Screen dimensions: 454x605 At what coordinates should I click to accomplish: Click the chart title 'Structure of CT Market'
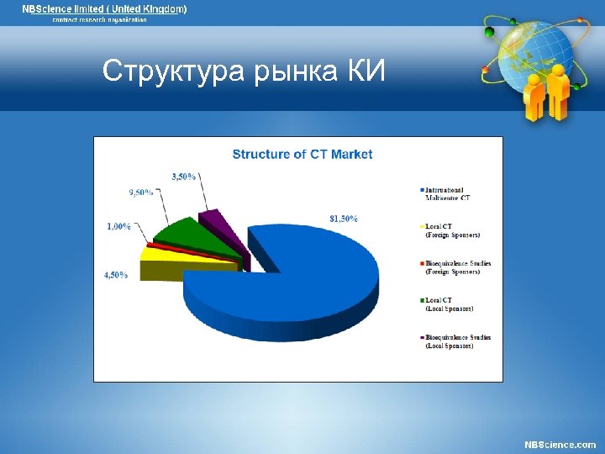302,154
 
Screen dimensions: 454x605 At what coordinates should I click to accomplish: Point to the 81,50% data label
343,219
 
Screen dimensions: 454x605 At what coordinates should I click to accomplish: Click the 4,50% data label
116,275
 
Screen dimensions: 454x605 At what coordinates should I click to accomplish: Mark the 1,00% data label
118,226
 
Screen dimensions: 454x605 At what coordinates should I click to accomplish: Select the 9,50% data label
140,193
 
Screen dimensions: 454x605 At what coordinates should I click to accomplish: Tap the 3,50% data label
183,177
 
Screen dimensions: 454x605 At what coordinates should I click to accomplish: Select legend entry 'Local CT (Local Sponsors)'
450,304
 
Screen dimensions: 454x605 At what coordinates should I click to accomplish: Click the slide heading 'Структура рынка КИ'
244,72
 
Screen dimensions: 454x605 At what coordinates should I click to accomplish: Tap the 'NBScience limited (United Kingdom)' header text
104,8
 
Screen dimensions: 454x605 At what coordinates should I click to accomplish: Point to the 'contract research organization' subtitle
99,19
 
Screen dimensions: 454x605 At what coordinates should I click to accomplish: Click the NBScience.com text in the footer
560,444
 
